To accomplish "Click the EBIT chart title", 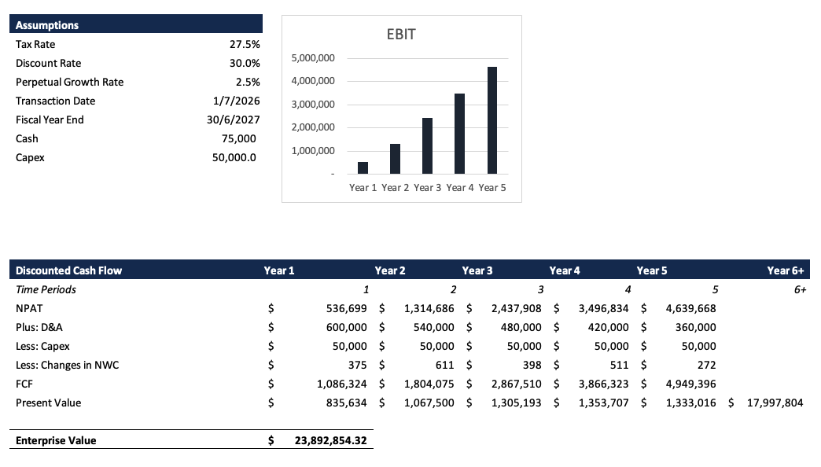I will [x=401, y=35].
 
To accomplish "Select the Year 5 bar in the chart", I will [x=492, y=120].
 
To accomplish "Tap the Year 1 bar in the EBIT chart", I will [x=363, y=167].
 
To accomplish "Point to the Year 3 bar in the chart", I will [x=427, y=145].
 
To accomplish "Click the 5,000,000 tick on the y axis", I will [x=313, y=58].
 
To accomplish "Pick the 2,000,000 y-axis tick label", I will [x=313, y=127].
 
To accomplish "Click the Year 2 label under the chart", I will [x=396, y=188].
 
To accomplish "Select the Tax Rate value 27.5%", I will [x=245, y=45].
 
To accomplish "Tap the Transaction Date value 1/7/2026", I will [x=236, y=101].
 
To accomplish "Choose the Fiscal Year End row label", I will [x=50, y=120].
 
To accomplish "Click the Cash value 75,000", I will [x=239, y=139].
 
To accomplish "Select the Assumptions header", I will [x=47, y=26].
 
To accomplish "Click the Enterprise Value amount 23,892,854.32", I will [x=330, y=441].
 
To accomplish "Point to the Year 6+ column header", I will [x=788, y=271].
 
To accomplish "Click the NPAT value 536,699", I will [x=347, y=309].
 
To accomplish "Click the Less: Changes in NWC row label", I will [x=68, y=366].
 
